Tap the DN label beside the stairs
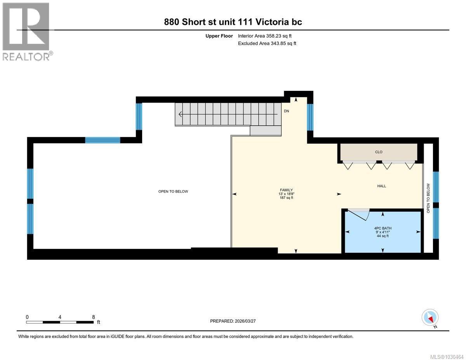pyautogui.click(x=287, y=111)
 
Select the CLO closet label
pyautogui.click(x=379, y=152)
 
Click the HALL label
pyautogui.click(x=382, y=186)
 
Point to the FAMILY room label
pyautogui.click(x=286, y=190)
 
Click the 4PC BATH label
pyautogui.click(x=383, y=228)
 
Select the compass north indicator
pyautogui.click(x=430, y=317)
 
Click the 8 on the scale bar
pyautogui.click(x=93, y=317)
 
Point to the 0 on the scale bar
pyautogui.click(x=27, y=317)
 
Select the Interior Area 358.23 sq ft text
pyautogui.click(x=264, y=36)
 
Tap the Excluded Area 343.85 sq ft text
pyautogui.click(x=267, y=43)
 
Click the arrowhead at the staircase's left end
pyautogui.click(x=179, y=114)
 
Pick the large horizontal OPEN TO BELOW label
pyautogui.click(x=173, y=191)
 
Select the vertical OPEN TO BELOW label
pyautogui.click(x=428, y=198)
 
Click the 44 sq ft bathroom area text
pyautogui.click(x=383, y=236)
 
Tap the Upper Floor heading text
pyautogui.click(x=219, y=36)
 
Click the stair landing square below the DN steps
pyautogui.click(x=266, y=131)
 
